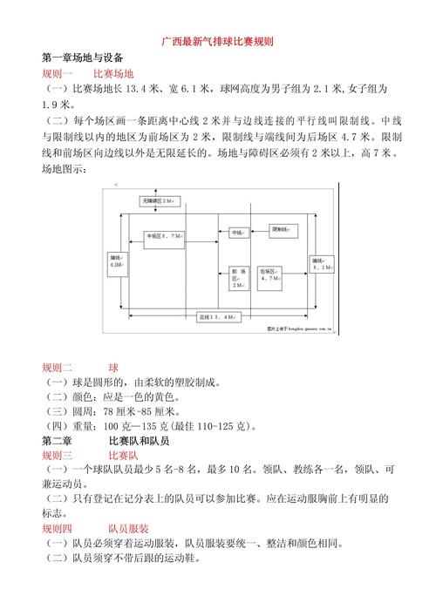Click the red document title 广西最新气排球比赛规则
pos(219,41)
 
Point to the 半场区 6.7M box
pos(164,236)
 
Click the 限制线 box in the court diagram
pos(285,230)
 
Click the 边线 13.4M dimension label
pos(214,317)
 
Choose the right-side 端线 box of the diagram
pos(321,264)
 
